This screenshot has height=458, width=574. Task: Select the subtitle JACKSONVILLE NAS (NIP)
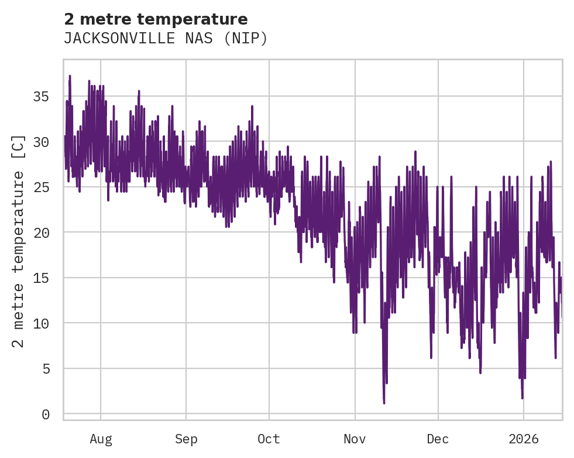click(165, 39)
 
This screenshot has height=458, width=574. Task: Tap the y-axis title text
click(19, 240)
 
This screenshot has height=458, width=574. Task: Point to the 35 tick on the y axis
click(42, 97)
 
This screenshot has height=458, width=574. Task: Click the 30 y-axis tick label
click(42, 142)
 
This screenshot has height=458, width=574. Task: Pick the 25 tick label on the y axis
click(42, 187)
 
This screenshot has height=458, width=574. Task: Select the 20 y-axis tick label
click(42, 233)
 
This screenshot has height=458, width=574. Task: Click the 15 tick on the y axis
click(42, 278)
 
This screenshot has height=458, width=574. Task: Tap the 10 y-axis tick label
click(42, 323)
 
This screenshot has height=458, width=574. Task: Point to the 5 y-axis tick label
click(46, 368)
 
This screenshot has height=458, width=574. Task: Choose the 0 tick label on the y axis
click(46, 414)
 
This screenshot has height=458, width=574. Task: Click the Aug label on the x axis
click(101, 439)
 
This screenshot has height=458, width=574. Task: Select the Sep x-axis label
click(186, 439)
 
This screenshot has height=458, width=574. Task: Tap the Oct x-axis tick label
click(269, 439)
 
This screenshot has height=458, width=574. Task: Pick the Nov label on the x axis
click(355, 439)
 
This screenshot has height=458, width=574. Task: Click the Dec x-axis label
click(438, 439)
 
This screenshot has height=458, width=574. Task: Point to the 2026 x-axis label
click(523, 439)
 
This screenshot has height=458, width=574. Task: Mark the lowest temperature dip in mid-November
click(384, 402)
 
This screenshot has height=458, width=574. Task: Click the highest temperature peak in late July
click(70, 76)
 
